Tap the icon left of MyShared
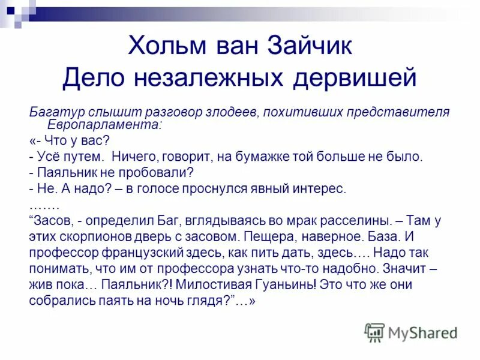pos(374,332)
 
